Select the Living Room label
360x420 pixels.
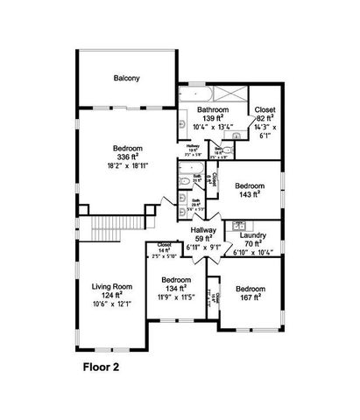(x=110, y=285)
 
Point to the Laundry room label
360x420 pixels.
(x=253, y=234)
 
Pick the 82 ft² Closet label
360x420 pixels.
(x=265, y=109)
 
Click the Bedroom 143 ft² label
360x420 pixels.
(x=251, y=185)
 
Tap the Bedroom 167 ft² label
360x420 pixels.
(x=251, y=289)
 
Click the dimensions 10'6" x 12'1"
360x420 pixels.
(x=111, y=304)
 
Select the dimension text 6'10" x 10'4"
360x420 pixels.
(x=253, y=253)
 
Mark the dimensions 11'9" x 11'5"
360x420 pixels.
(x=175, y=298)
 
